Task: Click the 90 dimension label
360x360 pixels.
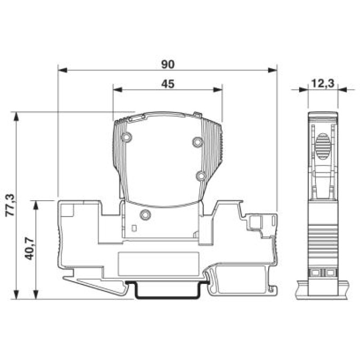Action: [167, 64]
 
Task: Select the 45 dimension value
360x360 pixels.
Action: [167, 84]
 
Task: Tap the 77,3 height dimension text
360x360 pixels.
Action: [10, 205]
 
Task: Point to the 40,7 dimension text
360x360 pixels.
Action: [29, 249]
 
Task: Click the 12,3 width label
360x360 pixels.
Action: [323, 83]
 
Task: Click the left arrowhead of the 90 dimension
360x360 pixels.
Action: [63, 70]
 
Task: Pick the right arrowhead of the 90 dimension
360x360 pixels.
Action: [273, 70]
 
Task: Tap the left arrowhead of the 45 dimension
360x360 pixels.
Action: [117, 90]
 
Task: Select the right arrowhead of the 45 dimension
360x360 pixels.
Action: [218, 90]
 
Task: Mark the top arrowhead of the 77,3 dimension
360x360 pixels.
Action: [16, 116]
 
